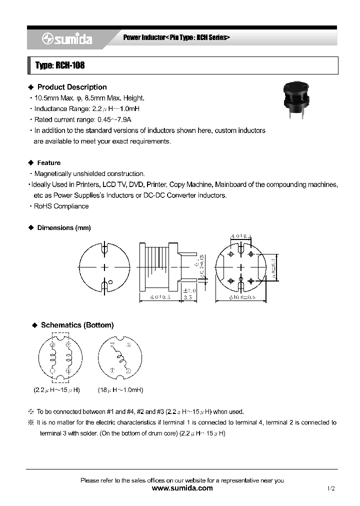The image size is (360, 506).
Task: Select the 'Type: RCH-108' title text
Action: [56, 65]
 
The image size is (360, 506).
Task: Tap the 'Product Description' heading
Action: [72, 87]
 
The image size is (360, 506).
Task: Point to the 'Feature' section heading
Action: [48, 163]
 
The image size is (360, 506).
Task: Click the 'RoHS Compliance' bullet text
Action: [61, 206]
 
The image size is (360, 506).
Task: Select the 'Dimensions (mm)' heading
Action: [63, 228]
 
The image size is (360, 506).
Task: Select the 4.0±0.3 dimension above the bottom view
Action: [240, 236]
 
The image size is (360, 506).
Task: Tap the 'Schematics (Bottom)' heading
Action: [77, 325]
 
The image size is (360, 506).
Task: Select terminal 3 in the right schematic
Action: [128, 345]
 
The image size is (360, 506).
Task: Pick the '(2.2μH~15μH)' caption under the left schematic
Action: [56, 390]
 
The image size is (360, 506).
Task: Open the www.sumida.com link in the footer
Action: [181, 488]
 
